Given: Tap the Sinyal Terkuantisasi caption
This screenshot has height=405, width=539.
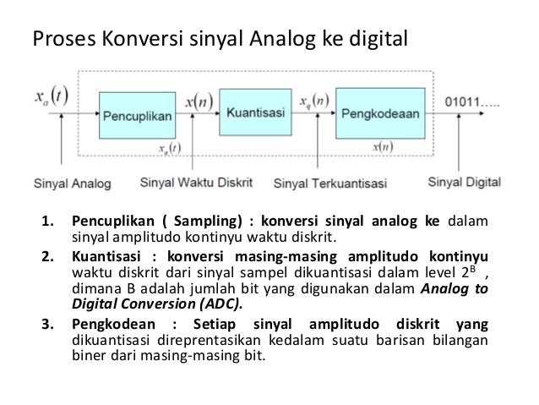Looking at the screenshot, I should coord(331,183).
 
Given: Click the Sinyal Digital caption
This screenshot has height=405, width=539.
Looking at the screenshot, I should coord(464,181).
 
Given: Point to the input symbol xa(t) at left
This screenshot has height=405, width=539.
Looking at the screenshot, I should coord(52,95).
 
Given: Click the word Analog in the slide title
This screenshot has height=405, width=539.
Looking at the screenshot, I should coord(280,38).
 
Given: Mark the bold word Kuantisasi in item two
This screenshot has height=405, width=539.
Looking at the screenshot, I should coord(104,256).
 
